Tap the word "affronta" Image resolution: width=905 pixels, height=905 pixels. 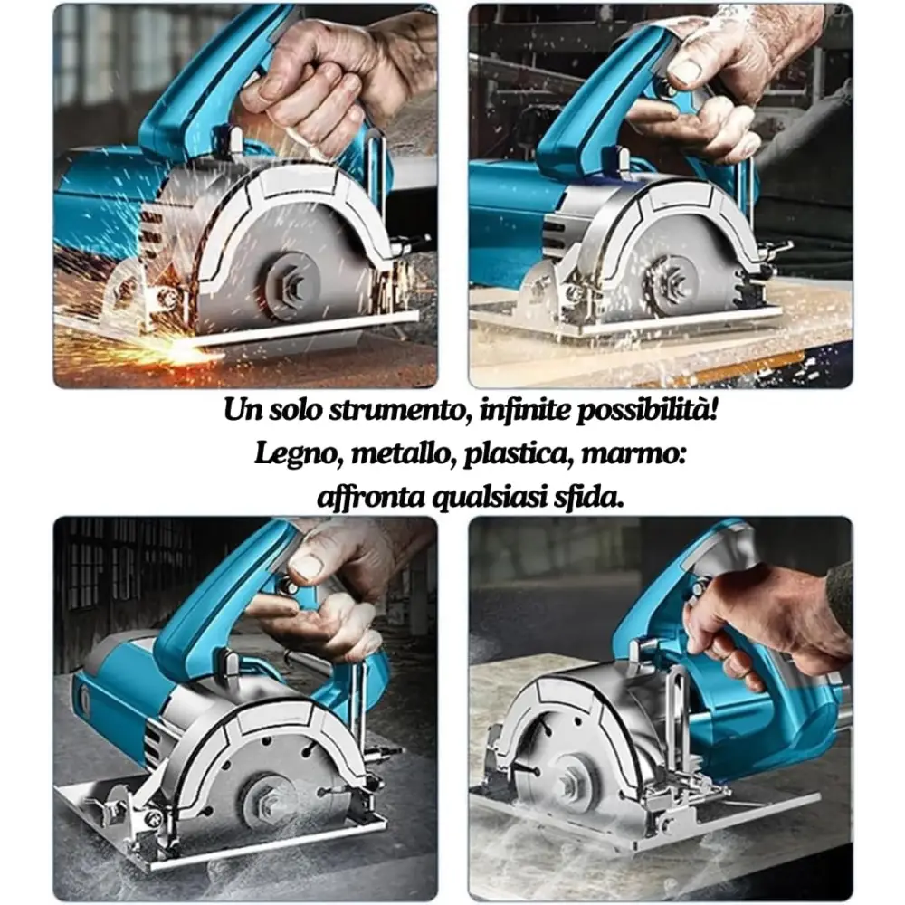[366, 497]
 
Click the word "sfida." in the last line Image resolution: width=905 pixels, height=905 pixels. [593, 497]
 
